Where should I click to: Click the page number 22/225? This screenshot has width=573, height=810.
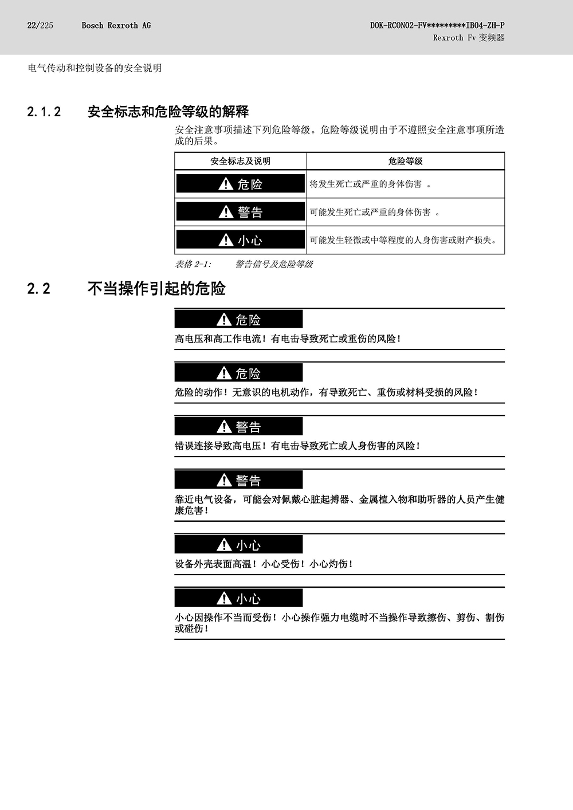click(x=40, y=25)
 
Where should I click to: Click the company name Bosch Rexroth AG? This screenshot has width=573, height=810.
click(x=116, y=25)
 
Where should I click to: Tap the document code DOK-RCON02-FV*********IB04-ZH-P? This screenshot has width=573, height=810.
click(x=437, y=25)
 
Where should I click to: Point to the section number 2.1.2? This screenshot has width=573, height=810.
click(x=44, y=112)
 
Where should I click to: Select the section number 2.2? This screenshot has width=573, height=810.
click(x=38, y=289)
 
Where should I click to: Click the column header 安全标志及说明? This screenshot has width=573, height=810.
click(x=240, y=162)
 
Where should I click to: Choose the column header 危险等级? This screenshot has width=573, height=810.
click(x=405, y=162)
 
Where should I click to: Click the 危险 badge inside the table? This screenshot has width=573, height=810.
click(x=241, y=184)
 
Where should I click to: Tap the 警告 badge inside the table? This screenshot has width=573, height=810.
click(x=241, y=211)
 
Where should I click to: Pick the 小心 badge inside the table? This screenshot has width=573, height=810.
click(x=241, y=239)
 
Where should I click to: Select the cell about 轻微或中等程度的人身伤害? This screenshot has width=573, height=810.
click(x=403, y=240)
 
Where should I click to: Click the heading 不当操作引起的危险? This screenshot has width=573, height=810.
click(x=156, y=289)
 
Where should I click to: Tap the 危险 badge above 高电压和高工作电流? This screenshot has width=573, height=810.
click(x=239, y=319)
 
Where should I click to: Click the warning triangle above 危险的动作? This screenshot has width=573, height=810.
click(x=224, y=372)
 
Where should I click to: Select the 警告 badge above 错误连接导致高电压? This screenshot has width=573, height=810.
click(x=239, y=426)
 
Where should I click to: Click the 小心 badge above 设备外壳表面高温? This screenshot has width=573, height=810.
click(x=239, y=544)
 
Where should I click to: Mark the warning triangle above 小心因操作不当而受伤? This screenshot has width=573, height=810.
click(x=224, y=597)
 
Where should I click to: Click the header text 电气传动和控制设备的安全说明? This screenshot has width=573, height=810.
click(x=95, y=68)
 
